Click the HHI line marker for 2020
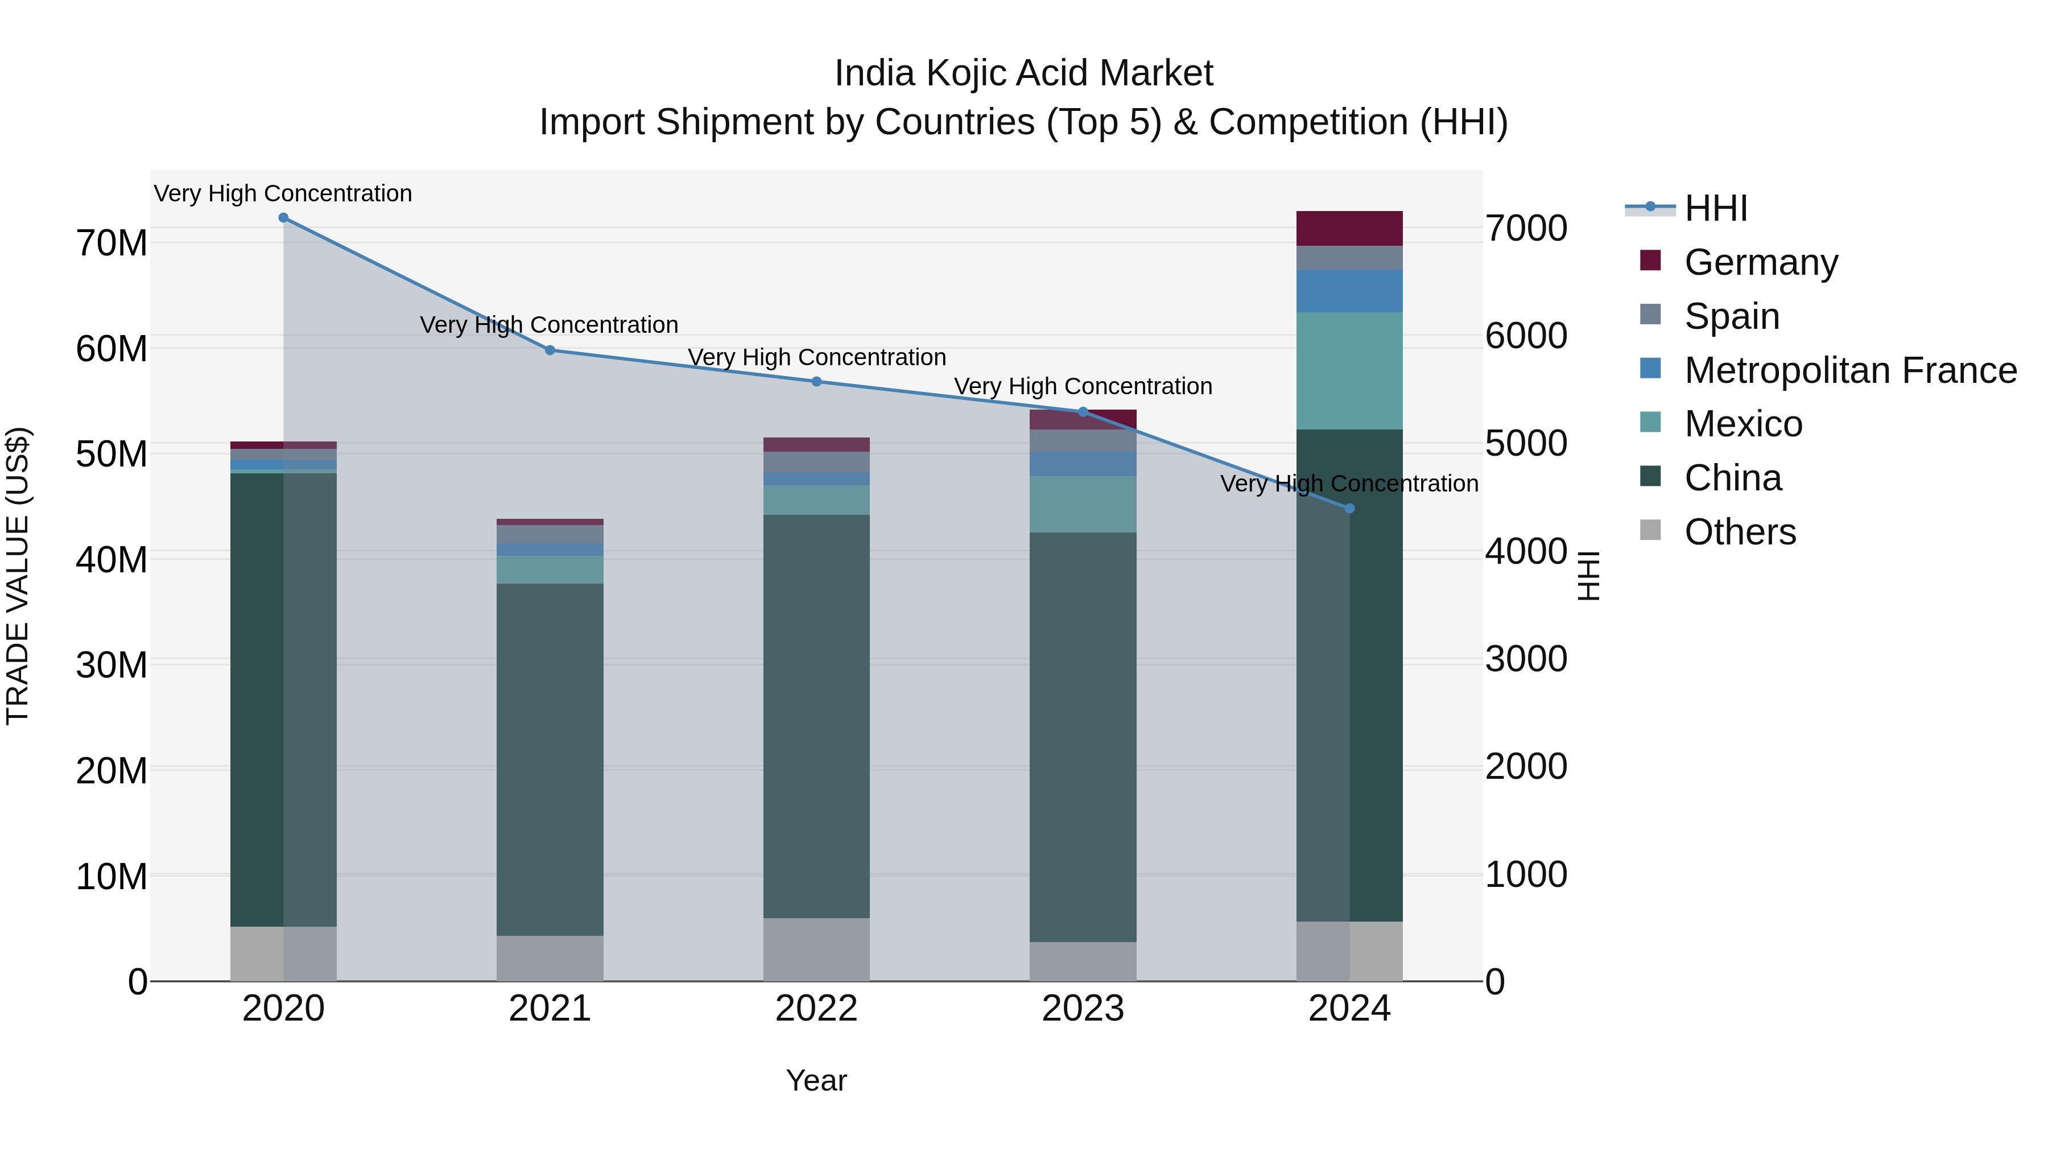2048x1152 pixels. pyautogui.click(x=283, y=218)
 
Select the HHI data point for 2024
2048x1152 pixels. pyautogui.click(x=1349, y=509)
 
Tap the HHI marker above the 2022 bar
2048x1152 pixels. pyautogui.click(x=816, y=382)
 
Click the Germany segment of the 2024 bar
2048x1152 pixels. pyautogui.click(x=1349, y=228)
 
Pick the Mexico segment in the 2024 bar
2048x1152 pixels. pyautogui.click(x=1349, y=370)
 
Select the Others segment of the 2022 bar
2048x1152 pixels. pyautogui.click(x=816, y=949)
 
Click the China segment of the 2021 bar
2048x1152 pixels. pyautogui.click(x=550, y=759)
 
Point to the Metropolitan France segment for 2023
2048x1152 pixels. pyautogui.click(x=1082, y=464)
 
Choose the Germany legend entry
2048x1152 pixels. pyautogui.click(x=1760, y=262)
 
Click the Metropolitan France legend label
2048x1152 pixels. pyautogui.click(x=1850, y=370)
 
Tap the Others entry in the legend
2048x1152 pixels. pyautogui.click(x=1740, y=532)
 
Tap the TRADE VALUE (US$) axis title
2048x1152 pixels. pyautogui.click(x=18, y=576)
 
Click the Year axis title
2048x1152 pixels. pyautogui.click(x=816, y=1080)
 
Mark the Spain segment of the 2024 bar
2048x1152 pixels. pyautogui.click(x=1349, y=258)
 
